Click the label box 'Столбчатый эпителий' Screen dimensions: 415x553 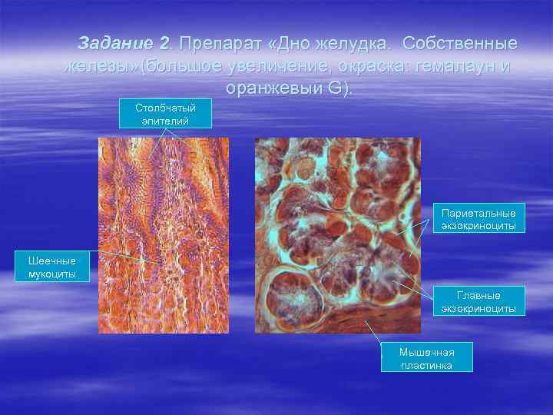pyautogui.click(x=164, y=115)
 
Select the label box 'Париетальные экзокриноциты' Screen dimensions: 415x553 pyautogui.click(x=478, y=218)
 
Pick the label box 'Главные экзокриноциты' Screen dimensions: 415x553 pyautogui.click(x=478, y=301)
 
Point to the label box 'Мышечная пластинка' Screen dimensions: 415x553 pyautogui.click(x=427, y=358)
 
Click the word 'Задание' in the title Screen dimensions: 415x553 pyautogui.click(x=114, y=43)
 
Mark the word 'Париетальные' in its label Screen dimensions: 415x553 pyautogui.click(x=478, y=212)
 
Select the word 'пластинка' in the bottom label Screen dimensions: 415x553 pyautogui.click(x=427, y=365)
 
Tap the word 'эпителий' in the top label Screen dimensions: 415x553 pyautogui.click(x=164, y=121)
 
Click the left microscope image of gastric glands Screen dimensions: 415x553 pyautogui.click(x=163, y=235)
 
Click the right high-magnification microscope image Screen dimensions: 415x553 pyautogui.click(x=337, y=235)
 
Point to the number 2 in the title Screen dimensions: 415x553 pyautogui.click(x=164, y=43)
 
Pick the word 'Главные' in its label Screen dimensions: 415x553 pyautogui.click(x=478, y=295)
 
